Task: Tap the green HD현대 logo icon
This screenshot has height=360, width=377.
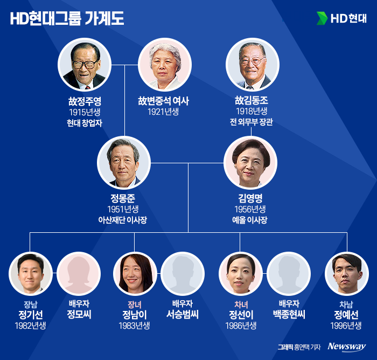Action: pyautogui.click(x=322, y=18)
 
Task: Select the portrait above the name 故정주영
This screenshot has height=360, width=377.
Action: pyautogui.click(x=85, y=66)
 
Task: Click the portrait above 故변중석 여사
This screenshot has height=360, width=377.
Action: pyautogui.click(x=163, y=66)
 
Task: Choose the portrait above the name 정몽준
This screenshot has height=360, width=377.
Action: pyautogui.click(x=123, y=163)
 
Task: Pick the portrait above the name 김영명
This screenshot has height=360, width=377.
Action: pyautogui.click(x=250, y=163)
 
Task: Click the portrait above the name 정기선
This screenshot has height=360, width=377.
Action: pyautogui.click(x=31, y=274)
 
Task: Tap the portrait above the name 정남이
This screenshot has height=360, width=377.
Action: pyautogui.click(x=135, y=274)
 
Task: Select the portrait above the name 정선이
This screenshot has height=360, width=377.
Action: pyautogui.click(x=240, y=274)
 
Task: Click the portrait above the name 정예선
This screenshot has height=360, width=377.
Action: pyautogui.click(x=347, y=274)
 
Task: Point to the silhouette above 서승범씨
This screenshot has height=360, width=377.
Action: pyautogui.click(x=182, y=274)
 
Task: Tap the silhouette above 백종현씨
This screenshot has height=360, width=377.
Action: pyautogui.click(x=289, y=274)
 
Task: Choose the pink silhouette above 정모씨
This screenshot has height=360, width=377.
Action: pyautogui.click(x=78, y=274)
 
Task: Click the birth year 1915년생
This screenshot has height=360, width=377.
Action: pyautogui.click(x=85, y=112)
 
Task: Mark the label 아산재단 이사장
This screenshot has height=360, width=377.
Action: pyautogui.click(x=123, y=219)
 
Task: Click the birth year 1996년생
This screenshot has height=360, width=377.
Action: pyautogui.click(x=346, y=326)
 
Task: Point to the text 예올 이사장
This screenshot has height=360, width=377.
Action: pyautogui.click(x=250, y=219)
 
